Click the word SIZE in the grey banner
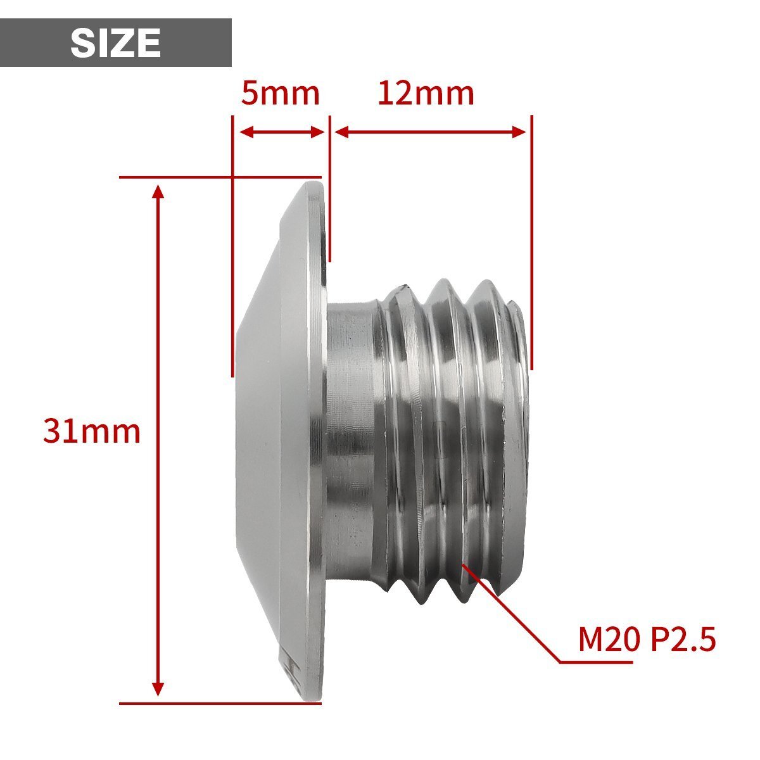115,43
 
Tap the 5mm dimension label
280,94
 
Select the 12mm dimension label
426,94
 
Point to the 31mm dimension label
91,432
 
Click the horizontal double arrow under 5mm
282,132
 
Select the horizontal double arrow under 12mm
430,132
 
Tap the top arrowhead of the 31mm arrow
158,191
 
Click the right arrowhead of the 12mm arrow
519,132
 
